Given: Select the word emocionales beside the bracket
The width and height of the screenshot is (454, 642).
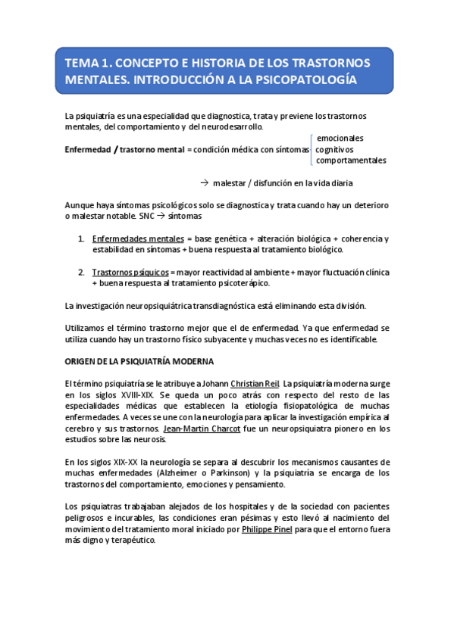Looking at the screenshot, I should (x=340, y=139).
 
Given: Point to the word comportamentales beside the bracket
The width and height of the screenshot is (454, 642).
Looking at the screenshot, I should (x=351, y=160).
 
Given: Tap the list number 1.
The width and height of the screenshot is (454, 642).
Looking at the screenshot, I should (x=81, y=239).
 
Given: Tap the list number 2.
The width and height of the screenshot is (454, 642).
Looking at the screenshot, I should (x=81, y=273).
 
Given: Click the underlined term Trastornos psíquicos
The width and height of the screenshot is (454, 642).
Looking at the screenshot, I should (x=130, y=273).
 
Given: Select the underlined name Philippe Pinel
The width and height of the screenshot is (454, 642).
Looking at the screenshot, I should (x=267, y=530).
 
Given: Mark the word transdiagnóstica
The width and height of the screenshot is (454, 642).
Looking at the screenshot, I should (x=243, y=306).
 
